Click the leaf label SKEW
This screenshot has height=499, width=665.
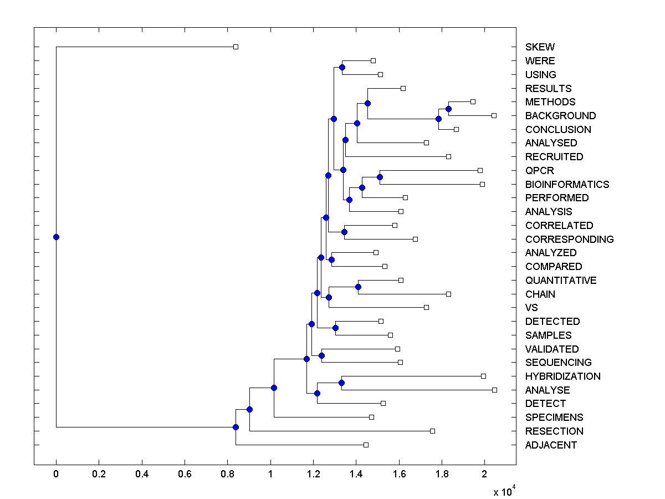(540, 47)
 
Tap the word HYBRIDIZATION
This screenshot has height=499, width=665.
(562, 376)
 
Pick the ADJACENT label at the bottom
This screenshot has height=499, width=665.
(551, 445)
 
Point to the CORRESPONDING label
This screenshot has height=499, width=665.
(569, 239)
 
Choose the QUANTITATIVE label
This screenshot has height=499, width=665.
(561, 280)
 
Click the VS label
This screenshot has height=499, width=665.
(531, 308)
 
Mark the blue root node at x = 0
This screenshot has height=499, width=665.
(56, 237)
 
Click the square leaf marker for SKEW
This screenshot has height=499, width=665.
(236, 47)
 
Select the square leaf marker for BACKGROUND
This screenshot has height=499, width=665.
(494, 115)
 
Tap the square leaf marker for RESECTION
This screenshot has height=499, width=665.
(432, 431)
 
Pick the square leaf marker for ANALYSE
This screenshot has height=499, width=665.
(494, 390)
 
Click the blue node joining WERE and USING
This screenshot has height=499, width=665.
(342, 67)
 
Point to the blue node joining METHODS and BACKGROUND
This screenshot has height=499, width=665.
(448, 109)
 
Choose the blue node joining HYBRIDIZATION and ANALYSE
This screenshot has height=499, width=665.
(341, 383)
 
